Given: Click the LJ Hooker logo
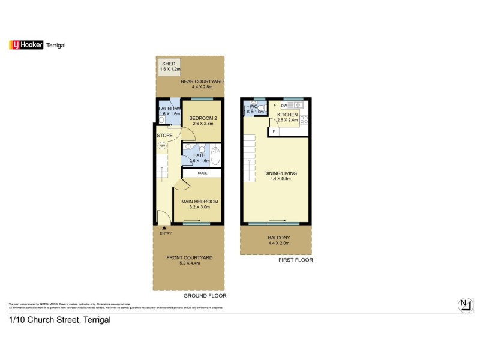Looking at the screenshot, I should (x=26, y=45).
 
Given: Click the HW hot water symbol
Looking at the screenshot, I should (x=162, y=145).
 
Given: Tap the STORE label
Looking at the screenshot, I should (x=164, y=136).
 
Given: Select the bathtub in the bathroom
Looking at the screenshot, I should (x=215, y=155).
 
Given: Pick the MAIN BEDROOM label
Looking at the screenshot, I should (x=200, y=202).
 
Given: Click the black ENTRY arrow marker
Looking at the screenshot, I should (x=163, y=227).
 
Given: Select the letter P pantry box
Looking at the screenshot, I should (x=274, y=131).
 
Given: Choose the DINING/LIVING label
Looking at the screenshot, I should (x=280, y=173).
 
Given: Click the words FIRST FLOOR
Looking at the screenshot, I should (x=295, y=260).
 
